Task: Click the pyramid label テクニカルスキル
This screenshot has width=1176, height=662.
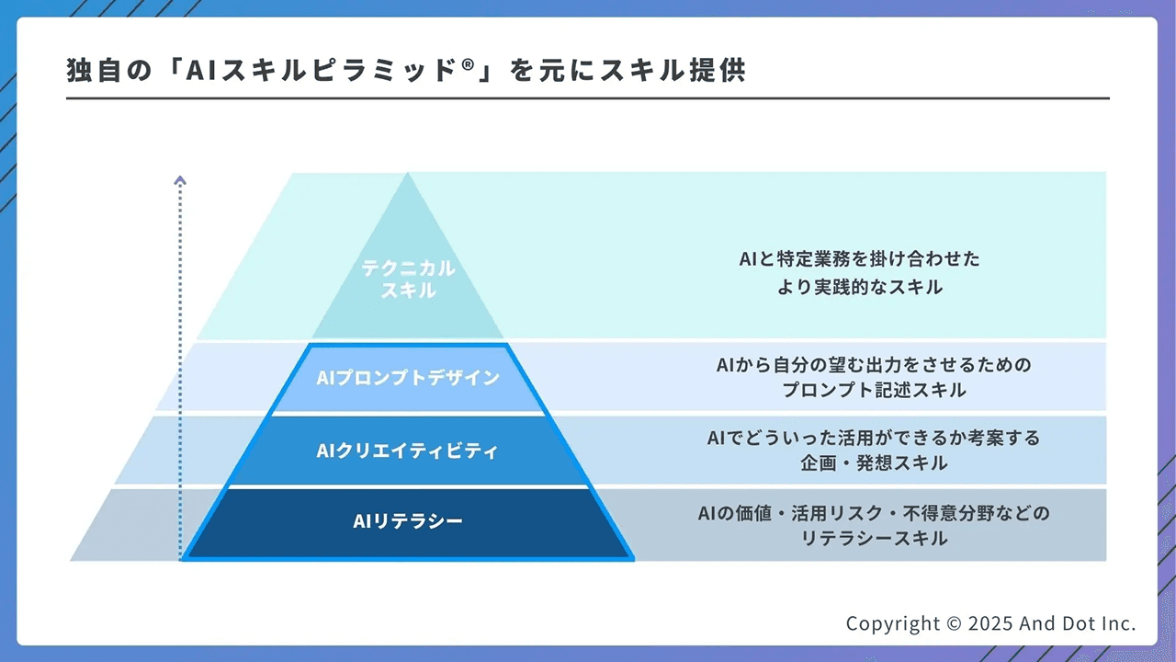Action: (x=408, y=279)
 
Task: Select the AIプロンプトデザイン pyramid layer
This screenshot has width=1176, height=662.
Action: (x=408, y=378)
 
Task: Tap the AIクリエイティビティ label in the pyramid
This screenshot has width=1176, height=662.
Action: (x=408, y=451)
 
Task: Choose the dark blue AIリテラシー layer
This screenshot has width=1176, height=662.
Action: (x=408, y=521)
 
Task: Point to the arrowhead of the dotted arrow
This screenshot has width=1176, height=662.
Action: (x=180, y=181)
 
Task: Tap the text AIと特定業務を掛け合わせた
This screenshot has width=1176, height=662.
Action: (x=859, y=259)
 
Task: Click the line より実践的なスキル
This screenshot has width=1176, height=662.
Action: (x=859, y=287)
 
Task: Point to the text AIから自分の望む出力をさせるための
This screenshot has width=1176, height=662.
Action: (x=874, y=365)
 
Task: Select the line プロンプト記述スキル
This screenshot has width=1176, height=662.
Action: (x=874, y=390)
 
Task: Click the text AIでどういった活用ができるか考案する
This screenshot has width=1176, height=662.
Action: (x=874, y=438)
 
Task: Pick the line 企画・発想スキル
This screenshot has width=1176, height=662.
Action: (x=874, y=463)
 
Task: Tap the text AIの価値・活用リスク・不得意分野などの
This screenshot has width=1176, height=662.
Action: (x=874, y=513)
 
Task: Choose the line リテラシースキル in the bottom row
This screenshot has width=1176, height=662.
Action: (x=874, y=539)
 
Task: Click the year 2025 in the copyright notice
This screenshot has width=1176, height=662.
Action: (x=989, y=623)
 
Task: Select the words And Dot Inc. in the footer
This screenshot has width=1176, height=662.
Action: (x=1077, y=623)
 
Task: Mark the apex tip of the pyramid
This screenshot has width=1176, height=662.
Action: (x=408, y=175)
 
